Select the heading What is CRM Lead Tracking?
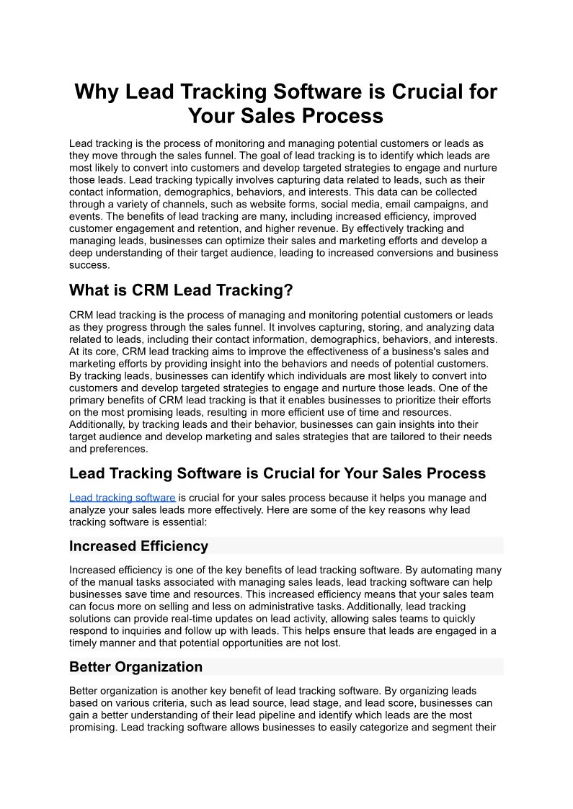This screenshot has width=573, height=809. coord(181,290)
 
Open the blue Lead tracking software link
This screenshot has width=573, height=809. coord(123,498)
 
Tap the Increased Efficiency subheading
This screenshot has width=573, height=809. coord(138,546)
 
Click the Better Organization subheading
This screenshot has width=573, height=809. coord(136,666)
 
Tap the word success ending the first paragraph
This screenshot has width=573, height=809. coord(88,265)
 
